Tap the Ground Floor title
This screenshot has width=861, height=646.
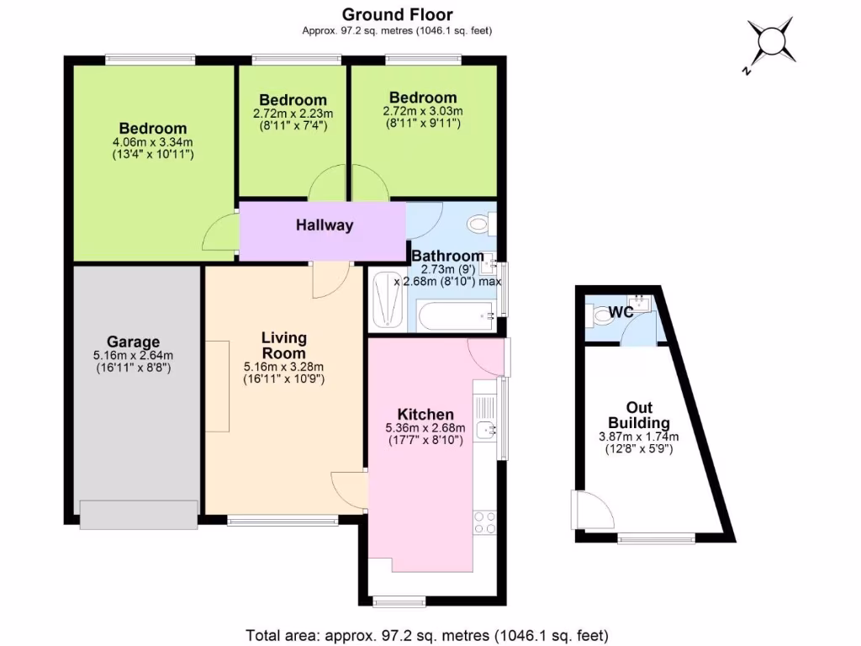click(397, 14)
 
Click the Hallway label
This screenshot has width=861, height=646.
click(325, 225)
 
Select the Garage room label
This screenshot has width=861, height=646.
click(133, 342)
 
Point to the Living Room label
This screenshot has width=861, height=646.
click(283, 345)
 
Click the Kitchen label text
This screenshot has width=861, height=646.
click(425, 415)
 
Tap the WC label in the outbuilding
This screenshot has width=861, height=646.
click(621, 312)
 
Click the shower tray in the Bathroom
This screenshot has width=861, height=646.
click(387, 299)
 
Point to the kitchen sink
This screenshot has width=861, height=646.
click(485, 431)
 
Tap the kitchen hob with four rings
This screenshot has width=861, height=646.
click(485, 522)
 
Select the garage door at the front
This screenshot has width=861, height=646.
click(139, 515)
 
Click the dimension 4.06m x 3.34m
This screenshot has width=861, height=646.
click(153, 143)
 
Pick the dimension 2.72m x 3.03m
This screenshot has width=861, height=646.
click(423, 111)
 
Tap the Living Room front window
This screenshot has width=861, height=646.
click(283, 522)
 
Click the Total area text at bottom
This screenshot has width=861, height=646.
click(427, 634)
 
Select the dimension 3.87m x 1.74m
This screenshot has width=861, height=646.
click(638, 437)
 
